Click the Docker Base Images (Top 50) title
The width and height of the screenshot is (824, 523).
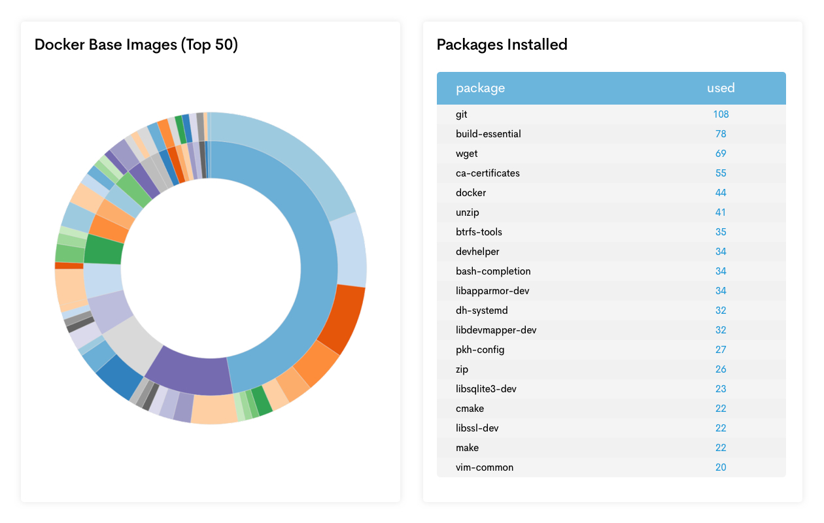click(136, 44)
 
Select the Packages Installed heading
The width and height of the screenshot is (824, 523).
click(502, 44)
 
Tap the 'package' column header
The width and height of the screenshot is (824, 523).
click(480, 88)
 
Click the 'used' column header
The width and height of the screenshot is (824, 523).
click(721, 88)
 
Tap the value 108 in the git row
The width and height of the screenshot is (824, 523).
click(721, 114)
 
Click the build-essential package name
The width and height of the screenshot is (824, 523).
click(488, 134)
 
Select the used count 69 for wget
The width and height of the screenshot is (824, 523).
click(721, 154)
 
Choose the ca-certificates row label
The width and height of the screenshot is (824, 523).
click(487, 173)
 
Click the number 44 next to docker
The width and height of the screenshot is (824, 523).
click(721, 193)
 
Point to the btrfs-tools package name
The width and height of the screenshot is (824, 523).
click(479, 232)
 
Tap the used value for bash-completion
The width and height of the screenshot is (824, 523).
click(721, 271)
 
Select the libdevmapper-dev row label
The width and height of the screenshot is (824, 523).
click(496, 330)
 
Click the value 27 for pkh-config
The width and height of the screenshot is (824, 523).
click(721, 350)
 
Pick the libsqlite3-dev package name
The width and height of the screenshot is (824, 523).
click(486, 389)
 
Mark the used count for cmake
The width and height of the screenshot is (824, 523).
click(721, 409)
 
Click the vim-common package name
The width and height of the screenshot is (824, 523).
click(485, 467)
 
